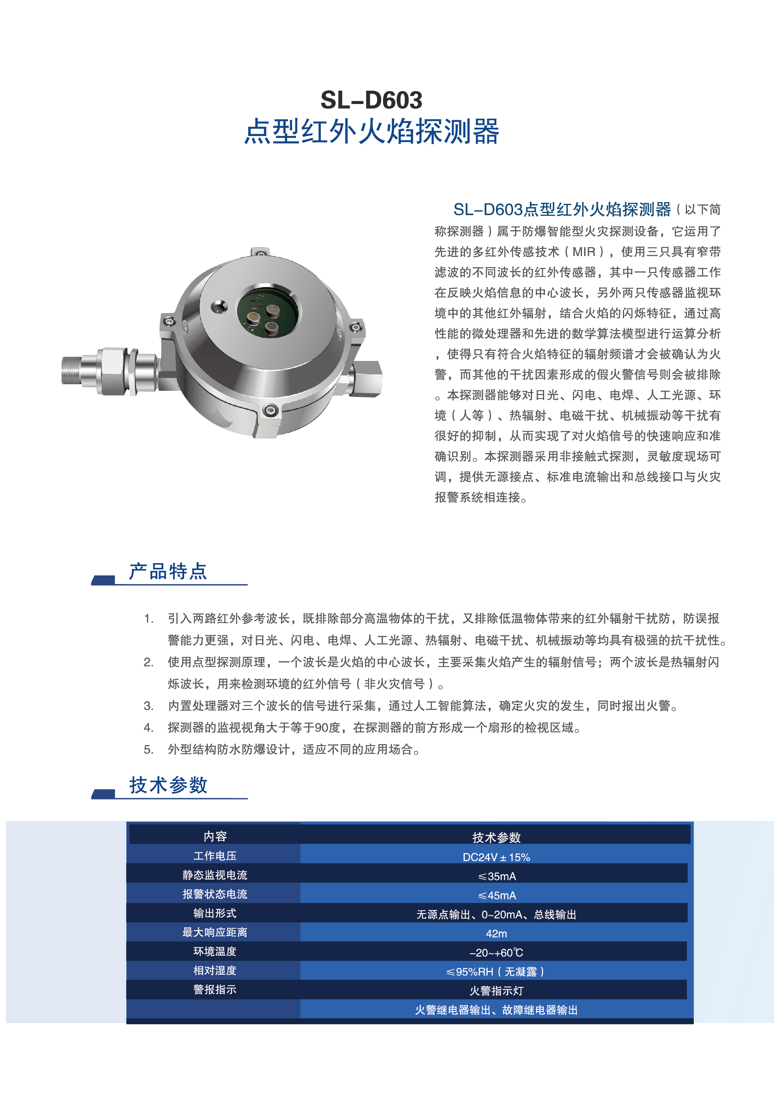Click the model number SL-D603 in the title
pyautogui.click(x=372, y=100)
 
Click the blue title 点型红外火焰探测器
pyautogui.click(x=372, y=131)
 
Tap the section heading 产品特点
pyautogui.click(x=168, y=571)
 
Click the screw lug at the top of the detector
pyautogui.click(x=260, y=252)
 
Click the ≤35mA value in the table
pyautogui.click(x=497, y=876)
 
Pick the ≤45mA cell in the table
pyautogui.click(x=497, y=895)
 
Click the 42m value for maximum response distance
pyautogui.click(x=496, y=933)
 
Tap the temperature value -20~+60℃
pyautogui.click(x=496, y=953)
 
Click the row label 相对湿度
pyautogui.click(x=215, y=971)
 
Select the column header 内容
pyautogui.click(x=215, y=836)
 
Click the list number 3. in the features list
pyautogui.click(x=149, y=706)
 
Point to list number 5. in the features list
pyautogui.click(x=149, y=750)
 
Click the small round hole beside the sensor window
pyautogui.click(x=219, y=306)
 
